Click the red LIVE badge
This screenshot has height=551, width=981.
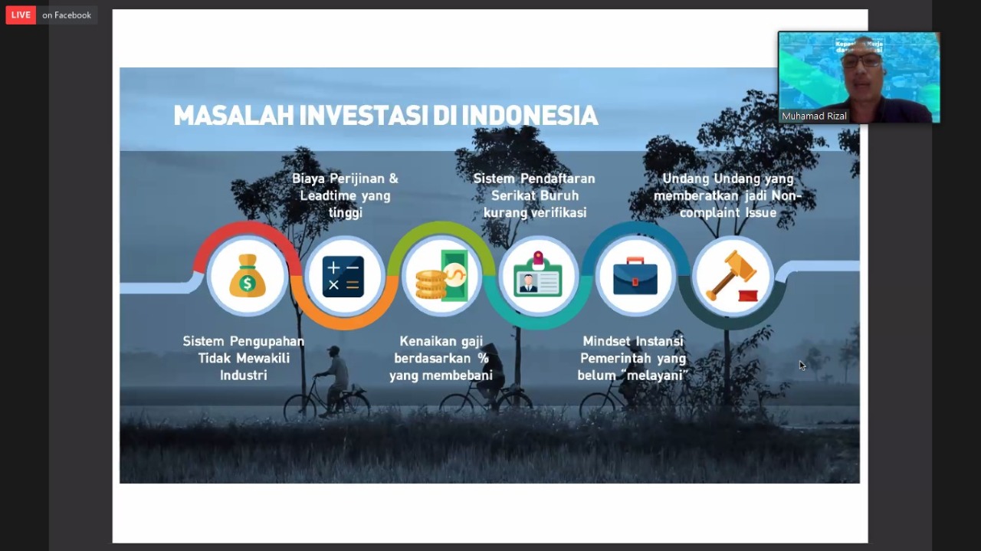21,15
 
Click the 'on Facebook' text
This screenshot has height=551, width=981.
67,15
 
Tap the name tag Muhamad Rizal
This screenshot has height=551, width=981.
814,116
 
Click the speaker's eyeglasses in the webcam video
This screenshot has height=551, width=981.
861,61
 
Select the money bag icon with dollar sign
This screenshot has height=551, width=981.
247,276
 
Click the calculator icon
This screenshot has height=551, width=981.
343,277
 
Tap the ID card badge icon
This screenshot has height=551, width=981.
537,276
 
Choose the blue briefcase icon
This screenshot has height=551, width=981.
635,276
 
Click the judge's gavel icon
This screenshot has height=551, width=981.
731,276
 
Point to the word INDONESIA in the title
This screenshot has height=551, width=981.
530,115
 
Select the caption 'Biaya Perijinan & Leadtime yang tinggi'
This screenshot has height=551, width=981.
345,195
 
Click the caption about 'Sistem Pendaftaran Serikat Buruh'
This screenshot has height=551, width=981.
534,195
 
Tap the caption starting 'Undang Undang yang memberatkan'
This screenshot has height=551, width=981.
727,195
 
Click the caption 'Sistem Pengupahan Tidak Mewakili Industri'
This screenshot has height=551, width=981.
244,358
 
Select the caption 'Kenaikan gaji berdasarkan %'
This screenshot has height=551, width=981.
441,358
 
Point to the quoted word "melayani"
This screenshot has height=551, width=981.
656,376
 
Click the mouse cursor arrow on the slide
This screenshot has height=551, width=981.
802,366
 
